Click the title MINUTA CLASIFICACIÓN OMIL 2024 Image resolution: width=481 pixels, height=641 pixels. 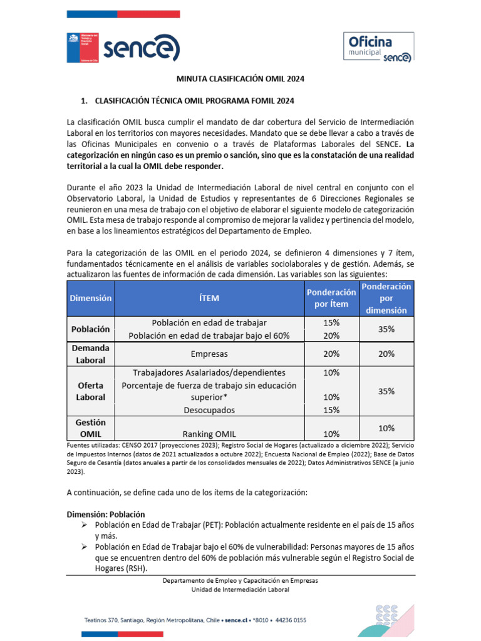240,79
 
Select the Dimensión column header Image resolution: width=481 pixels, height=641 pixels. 91,298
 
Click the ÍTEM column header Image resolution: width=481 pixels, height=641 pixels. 210,298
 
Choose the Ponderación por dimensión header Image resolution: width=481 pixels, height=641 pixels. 386,298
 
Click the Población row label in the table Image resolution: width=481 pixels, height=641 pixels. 91,329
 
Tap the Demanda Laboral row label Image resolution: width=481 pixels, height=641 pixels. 91,354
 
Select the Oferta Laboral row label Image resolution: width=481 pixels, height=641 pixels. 91,391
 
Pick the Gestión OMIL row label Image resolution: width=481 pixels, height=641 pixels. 91,428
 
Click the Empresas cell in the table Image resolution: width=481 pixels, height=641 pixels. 209,354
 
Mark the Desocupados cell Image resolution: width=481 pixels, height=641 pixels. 209,410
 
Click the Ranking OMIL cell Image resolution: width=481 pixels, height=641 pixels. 209,434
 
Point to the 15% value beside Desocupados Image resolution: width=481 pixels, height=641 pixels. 331,410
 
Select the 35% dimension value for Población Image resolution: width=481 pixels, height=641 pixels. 386,329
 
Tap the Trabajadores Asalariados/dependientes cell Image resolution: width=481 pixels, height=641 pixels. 209,372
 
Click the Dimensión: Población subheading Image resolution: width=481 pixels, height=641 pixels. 106,514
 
